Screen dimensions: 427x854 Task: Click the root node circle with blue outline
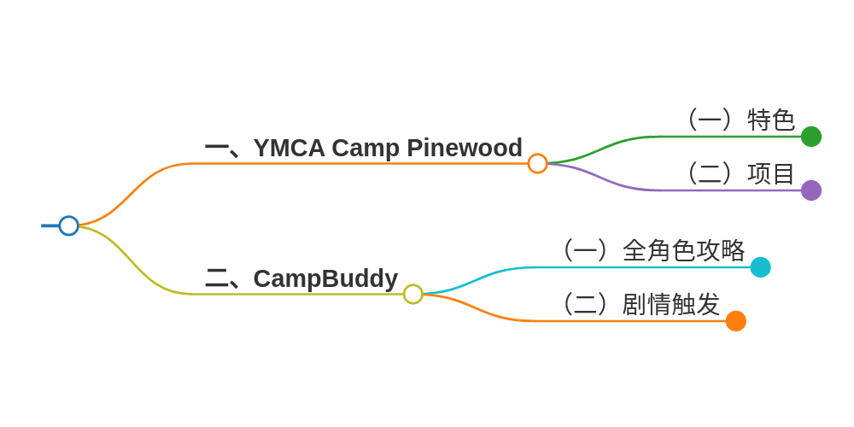coord(69,225)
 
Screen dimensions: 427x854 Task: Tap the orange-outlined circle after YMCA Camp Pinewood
coord(537,163)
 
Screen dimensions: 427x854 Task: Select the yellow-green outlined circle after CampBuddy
coord(413,294)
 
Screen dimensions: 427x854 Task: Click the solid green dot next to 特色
coord(811,137)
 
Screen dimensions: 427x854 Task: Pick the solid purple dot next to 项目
coord(811,190)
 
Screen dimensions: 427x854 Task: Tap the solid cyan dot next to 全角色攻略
coord(760,267)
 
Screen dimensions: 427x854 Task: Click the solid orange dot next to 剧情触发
coord(735,321)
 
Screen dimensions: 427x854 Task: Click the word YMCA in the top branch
coord(290,148)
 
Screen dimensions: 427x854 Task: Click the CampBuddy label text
coord(325,279)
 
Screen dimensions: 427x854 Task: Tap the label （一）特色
coord(740,120)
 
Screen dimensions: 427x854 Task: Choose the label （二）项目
coord(740,174)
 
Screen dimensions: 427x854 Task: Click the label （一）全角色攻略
coord(652,251)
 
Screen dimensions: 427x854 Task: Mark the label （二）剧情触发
coord(639,305)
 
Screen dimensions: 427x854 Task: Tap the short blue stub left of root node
coord(50,225)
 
